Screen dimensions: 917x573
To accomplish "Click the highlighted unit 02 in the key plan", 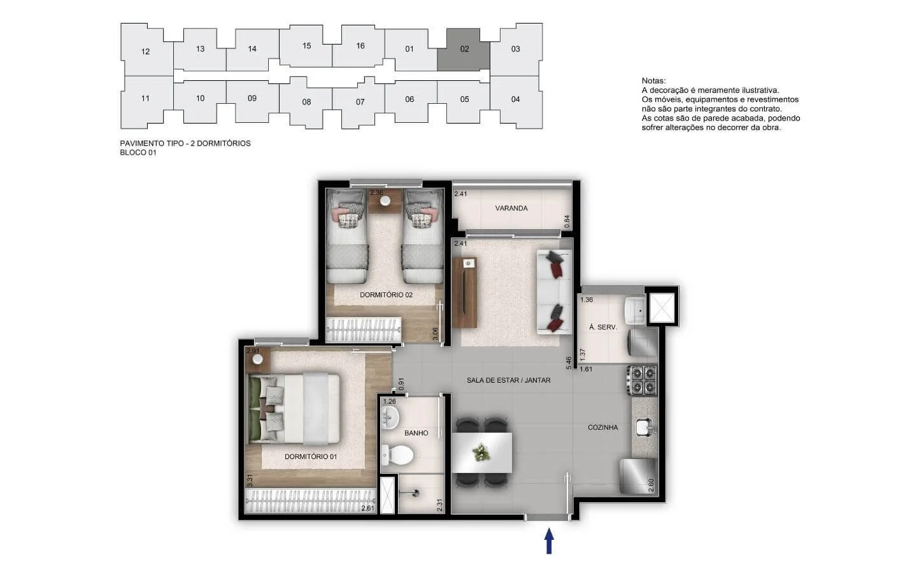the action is click(464, 50).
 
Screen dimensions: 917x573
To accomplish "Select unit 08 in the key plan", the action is click(306, 102).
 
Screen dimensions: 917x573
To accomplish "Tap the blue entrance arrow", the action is click(549, 541).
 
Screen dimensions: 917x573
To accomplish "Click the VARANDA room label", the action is click(511, 208).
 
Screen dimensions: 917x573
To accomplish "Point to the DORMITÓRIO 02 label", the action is click(386, 295).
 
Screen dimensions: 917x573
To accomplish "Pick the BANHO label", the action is click(416, 433).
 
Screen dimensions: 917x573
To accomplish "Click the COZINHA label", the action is click(602, 427).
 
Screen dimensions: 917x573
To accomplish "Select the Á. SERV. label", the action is click(602, 327).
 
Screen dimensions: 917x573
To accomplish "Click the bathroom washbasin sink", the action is click(390, 418).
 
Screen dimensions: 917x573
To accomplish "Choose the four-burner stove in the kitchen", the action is click(642, 380).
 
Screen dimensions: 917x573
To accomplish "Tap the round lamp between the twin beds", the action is click(385, 201).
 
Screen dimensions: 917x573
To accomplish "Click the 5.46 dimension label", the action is click(569, 364).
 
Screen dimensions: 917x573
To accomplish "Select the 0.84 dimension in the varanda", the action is click(567, 222).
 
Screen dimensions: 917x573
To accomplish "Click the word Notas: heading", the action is click(654, 81).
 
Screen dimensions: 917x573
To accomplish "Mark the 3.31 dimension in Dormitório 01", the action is click(250, 480).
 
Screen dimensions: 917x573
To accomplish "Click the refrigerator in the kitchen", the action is click(638, 476).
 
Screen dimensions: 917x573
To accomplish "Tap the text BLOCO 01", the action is click(138, 153).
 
